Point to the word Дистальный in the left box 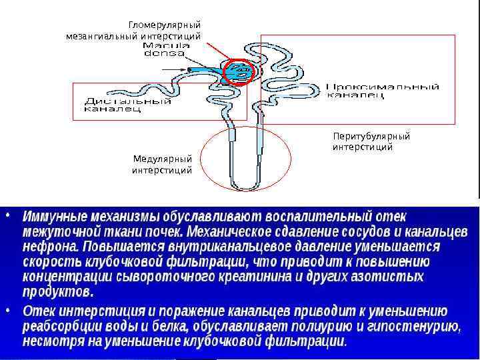coord(127,101)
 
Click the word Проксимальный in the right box coord(383,87)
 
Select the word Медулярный coord(163,159)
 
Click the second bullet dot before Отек coord(7,310)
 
